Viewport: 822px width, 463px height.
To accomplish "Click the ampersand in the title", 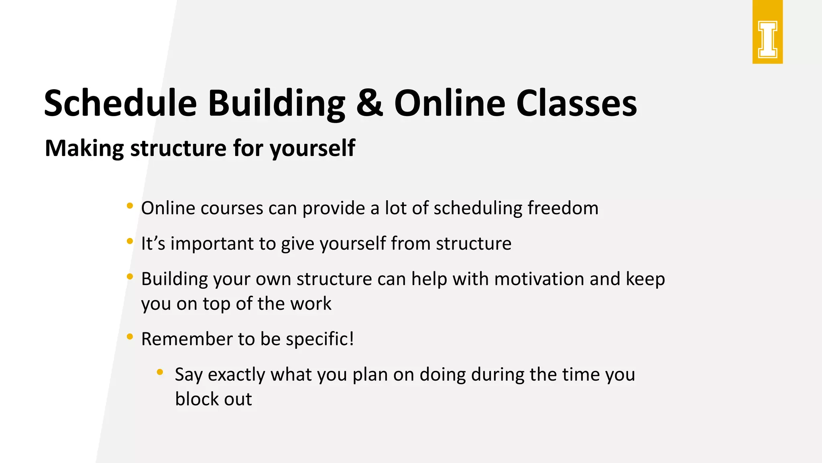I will point(369,103).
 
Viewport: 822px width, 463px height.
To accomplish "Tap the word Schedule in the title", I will point(120,103).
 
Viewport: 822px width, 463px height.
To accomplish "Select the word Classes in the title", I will point(576,103).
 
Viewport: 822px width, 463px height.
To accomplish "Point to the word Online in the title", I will point(449,103).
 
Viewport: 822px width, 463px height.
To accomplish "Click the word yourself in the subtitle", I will point(312,148).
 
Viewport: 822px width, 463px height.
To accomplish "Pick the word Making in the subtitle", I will point(84,148).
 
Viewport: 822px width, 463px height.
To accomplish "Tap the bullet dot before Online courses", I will point(130,206).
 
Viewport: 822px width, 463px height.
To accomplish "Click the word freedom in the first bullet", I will point(563,208).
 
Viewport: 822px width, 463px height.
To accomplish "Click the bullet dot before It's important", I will point(130,241).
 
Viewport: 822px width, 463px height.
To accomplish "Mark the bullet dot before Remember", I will point(130,337).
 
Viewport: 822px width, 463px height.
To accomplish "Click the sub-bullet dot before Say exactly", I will point(160,372).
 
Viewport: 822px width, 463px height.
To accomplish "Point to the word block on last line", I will point(197,399).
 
